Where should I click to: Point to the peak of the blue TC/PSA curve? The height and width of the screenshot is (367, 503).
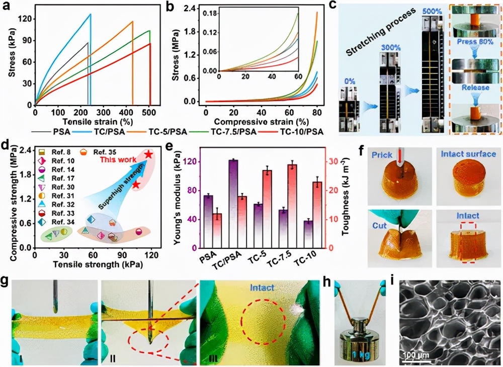pyautogui.click(x=91, y=14)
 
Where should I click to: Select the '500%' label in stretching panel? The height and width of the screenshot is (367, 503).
pyautogui.click(x=433, y=11)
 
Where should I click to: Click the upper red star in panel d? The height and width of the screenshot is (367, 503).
pyautogui.click(x=149, y=154)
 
